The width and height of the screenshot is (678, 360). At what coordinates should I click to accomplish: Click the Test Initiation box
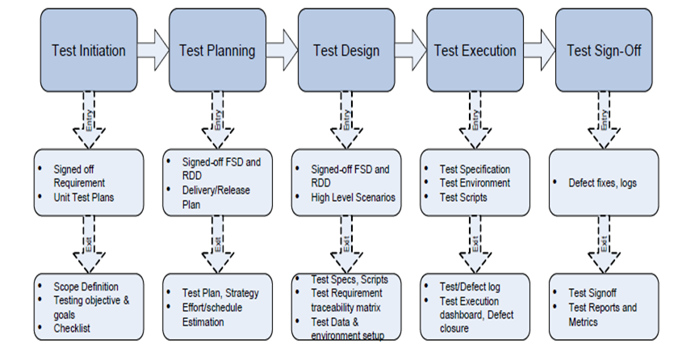(x=88, y=50)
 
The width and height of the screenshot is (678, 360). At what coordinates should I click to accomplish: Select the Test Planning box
(x=217, y=50)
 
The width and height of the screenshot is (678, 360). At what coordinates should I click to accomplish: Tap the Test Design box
(x=345, y=50)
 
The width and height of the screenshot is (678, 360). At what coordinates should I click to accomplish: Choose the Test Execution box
(x=475, y=50)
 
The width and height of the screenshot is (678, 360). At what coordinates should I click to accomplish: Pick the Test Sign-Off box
(x=603, y=50)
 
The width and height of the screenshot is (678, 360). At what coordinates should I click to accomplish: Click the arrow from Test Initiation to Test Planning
(x=153, y=50)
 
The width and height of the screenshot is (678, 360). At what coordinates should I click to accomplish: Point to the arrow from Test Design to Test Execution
(x=410, y=50)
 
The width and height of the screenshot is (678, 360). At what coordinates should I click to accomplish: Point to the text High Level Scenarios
(x=353, y=196)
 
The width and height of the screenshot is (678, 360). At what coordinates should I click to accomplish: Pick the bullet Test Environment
(x=475, y=183)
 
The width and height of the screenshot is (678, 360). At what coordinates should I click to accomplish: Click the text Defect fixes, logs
(x=602, y=183)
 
